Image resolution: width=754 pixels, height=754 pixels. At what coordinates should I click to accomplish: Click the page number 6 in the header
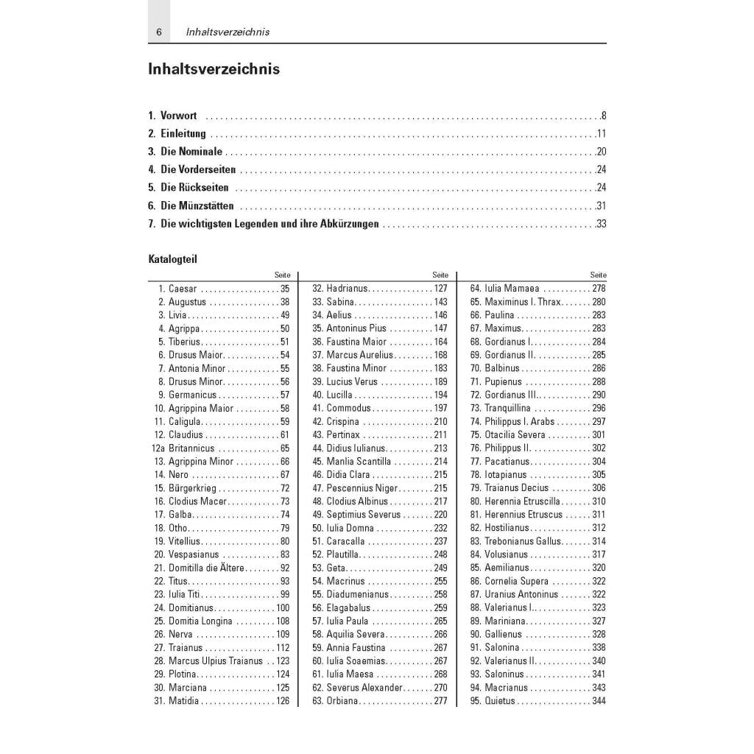point(158,32)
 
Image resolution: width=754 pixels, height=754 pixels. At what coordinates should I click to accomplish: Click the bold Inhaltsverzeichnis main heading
point(214,69)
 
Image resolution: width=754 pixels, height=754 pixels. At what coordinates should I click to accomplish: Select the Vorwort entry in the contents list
point(178,116)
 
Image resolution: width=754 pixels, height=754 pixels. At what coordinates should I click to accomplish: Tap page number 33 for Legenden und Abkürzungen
point(601,224)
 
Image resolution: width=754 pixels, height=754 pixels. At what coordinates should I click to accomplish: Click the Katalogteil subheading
point(172,259)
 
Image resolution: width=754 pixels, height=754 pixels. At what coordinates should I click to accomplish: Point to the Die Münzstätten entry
point(197,206)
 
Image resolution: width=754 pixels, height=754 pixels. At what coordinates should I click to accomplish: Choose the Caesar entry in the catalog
point(183,289)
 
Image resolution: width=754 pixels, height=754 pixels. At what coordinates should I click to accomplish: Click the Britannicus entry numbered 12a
point(191,448)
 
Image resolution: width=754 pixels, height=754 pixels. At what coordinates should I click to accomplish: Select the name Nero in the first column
point(178,475)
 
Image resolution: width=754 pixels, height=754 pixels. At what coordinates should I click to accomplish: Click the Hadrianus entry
point(347,289)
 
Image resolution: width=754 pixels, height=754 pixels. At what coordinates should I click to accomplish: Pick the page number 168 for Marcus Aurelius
point(440,355)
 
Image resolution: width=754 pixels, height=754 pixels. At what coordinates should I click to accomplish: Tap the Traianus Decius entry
point(516,488)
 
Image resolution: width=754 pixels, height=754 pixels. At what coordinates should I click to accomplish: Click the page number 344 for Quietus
point(599,701)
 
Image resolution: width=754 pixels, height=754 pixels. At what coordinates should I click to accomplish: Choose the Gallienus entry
point(503,635)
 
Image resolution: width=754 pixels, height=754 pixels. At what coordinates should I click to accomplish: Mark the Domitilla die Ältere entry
point(208,568)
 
